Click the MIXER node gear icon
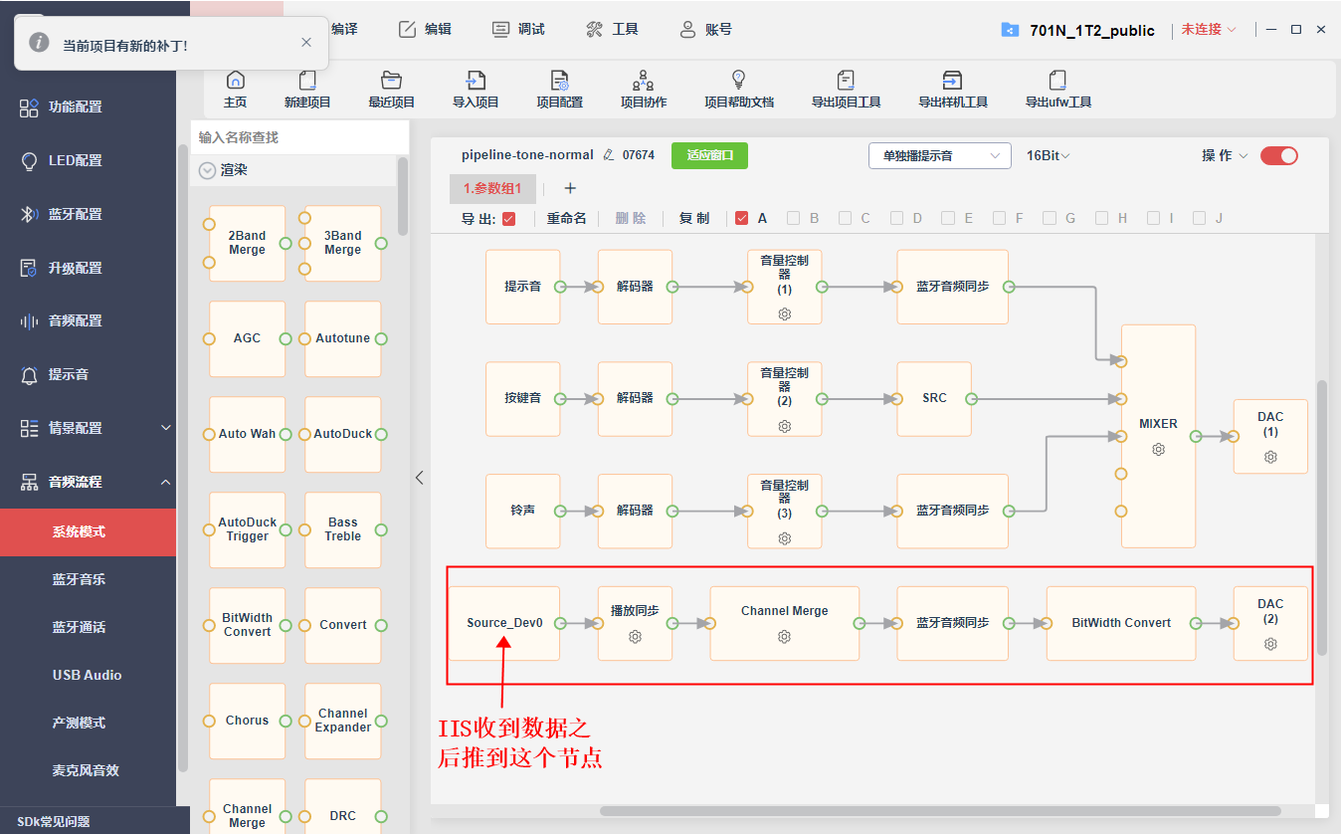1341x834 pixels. click(1158, 449)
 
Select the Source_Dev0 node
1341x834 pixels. click(504, 623)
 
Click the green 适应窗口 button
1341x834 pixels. click(709, 155)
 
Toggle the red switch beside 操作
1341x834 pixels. click(1278, 155)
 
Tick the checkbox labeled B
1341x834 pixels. click(793, 218)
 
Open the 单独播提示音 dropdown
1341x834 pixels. click(940, 155)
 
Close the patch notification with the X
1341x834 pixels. click(306, 43)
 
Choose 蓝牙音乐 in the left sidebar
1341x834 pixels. click(79, 579)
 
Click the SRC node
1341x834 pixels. click(934, 399)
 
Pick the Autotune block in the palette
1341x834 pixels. click(342, 338)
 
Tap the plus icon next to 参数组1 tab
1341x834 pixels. click(570, 188)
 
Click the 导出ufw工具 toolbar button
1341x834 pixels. click(1057, 90)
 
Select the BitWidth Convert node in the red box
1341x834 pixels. click(1121, 623)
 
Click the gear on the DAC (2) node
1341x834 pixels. click(1270, 644)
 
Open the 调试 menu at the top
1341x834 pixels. click(518, 29)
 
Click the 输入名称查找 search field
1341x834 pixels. click(299, 137)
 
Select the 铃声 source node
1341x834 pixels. click(522, 511)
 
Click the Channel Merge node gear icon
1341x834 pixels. click(784, 636)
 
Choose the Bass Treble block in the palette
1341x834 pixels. click(342, 529)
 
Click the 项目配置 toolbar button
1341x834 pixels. click(559, 90)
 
